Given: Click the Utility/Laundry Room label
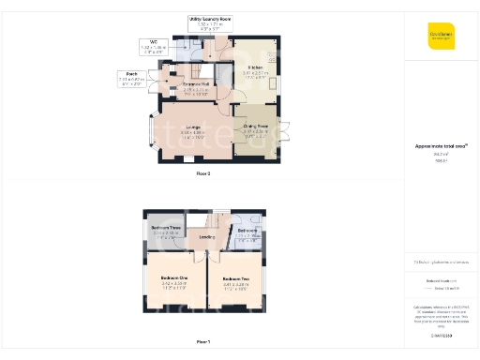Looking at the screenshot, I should (210, 19).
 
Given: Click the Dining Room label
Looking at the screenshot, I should (256, 126).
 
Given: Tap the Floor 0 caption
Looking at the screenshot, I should (203, 174).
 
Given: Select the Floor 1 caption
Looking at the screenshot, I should (203, 343).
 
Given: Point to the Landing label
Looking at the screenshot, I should (205, 237).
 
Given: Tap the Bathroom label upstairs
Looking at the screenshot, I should (247, 230).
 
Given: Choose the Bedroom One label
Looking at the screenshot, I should (173, 278).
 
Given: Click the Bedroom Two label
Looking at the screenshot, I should (235, 278).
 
